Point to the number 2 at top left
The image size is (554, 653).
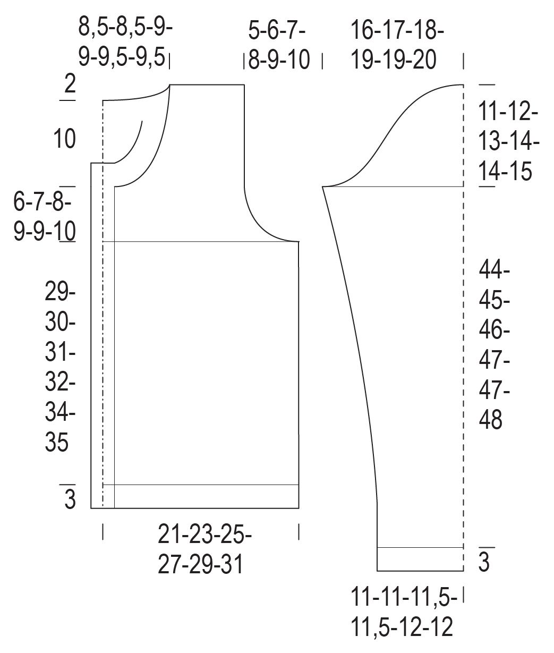tap(70, 84)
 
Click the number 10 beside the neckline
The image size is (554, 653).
tap(65, 139)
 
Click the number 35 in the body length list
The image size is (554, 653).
tap(56, 442)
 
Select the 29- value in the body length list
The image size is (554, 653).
tap(60, 292)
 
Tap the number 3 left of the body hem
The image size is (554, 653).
tap(70, 499)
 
